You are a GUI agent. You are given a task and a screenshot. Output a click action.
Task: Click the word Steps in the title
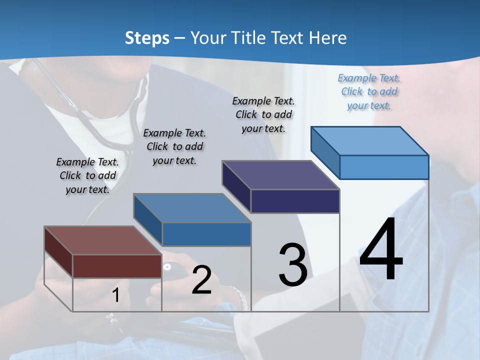click(147, 38)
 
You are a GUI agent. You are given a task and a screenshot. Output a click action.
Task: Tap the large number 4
click(381, 250)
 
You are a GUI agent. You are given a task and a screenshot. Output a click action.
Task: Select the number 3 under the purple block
click(293, 265)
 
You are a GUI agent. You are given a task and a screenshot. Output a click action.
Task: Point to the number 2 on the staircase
click(201, 280)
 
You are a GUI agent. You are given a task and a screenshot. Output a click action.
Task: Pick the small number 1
click(115, 295)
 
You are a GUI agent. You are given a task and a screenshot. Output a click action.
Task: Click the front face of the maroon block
click(117, 266)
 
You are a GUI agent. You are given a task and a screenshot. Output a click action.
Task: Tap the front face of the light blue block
click(384, 167)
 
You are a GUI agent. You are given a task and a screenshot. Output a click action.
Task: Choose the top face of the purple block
click(280, 175)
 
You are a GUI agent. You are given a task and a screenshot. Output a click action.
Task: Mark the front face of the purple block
click(295, 201)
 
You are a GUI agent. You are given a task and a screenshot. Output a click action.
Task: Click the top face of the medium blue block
click(192, 208)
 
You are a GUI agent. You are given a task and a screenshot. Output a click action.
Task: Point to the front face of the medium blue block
click(206, 234)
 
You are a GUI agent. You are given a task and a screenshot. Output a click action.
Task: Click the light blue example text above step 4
click(369, 91)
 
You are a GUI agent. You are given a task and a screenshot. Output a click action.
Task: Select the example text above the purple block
click(263, 114)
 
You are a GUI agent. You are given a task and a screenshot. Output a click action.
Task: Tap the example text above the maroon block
click(87, 175)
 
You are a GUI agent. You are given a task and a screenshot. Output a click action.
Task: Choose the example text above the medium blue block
click(174, 146)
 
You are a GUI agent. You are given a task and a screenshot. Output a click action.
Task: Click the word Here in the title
click(328, 38)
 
